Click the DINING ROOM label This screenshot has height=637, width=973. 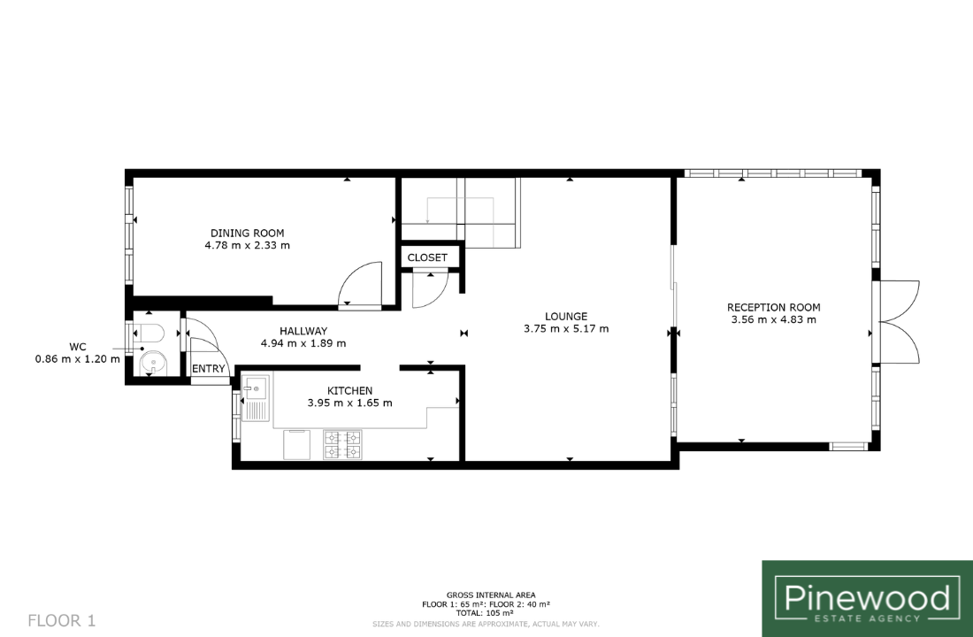(x=247, y=234)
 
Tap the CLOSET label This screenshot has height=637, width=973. (x=427, y=257)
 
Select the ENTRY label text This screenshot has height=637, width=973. (x=209, y=369)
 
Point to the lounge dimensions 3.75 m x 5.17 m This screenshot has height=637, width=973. (x=566, y=328)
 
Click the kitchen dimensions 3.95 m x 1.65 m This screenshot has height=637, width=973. (x=350, y=403)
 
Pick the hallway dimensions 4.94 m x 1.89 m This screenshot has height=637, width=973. (x=303, y=343)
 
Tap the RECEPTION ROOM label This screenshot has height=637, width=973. (x=774, y=307)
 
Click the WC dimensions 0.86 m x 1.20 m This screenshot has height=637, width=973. (x=78, y=359)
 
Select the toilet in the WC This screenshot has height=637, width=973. (x=149, y=334)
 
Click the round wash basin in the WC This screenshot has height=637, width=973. (x=152, y=364)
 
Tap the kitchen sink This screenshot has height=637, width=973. (x=255, y=396)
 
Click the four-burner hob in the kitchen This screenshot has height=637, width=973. (x=342, y=444)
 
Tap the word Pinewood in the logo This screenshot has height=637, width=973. (x=867, y=598)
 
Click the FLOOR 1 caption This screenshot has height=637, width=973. (x=62, y=620)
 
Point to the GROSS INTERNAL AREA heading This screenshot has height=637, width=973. (x=491, y=595)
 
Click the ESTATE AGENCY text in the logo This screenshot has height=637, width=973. (x=868, y=618)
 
